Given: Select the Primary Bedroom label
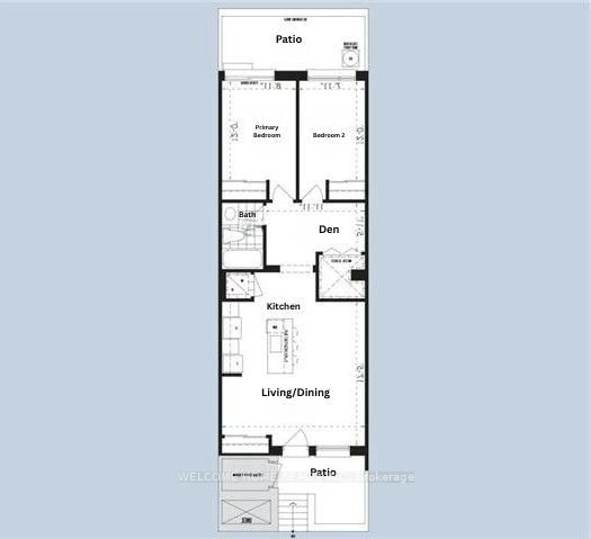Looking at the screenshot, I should tap(266, 131).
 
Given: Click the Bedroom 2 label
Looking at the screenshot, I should tap(329, 135).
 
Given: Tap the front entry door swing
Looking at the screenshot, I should tap(297, 439).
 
